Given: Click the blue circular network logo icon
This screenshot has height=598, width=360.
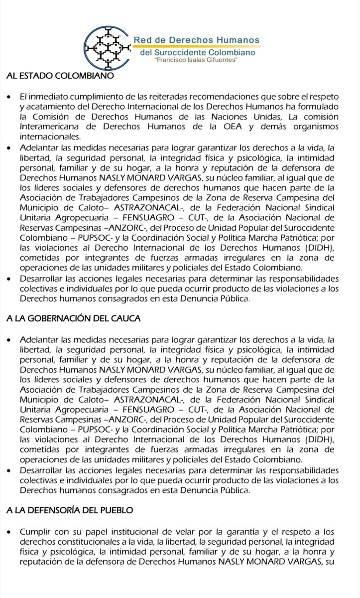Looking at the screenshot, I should (x=106, y=44).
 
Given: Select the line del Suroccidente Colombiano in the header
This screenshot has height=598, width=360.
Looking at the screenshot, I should (x=198, y=51).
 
